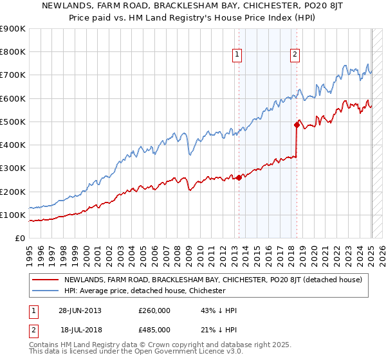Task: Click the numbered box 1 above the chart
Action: pos(237,55)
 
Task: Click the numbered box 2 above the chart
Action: pos(295,55)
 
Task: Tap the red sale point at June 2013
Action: pos(239,177)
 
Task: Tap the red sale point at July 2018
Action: pos(297,125)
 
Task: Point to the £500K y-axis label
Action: pos(13,122)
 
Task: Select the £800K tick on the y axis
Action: pos(13,52)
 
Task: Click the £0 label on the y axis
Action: pos(21,238)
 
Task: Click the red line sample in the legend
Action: pos(45,280)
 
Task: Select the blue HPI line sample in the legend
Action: pos(45,291)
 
